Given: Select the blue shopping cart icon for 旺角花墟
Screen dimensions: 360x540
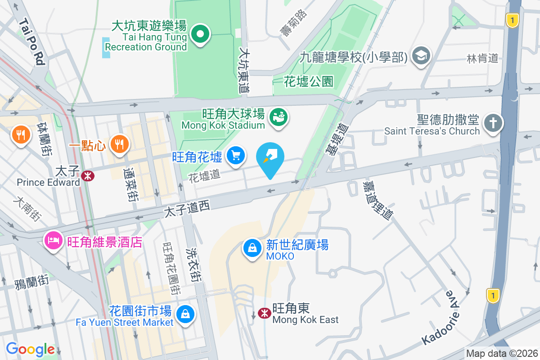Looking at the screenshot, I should click(235, 156).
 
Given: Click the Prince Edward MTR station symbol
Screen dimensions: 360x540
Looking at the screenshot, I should click(89, 176).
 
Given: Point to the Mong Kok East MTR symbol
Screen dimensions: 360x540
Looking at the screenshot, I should click(265, 313).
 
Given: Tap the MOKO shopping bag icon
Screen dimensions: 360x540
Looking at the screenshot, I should click(253, 248).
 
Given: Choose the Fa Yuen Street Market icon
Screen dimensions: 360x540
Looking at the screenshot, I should click(185, 314).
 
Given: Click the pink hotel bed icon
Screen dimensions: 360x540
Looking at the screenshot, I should click(53, 241).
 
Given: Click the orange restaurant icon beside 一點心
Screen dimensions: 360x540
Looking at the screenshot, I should click(119, 144).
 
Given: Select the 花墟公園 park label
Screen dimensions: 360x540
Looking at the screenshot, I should click(309, 81).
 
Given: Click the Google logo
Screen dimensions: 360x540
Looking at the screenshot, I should click(30, 349).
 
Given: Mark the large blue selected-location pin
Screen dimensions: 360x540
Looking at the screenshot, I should click(270, 159).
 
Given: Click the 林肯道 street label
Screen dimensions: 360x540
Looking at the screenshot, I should click(483, 58).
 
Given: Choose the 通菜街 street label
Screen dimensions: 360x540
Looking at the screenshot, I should click(131, 184).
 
